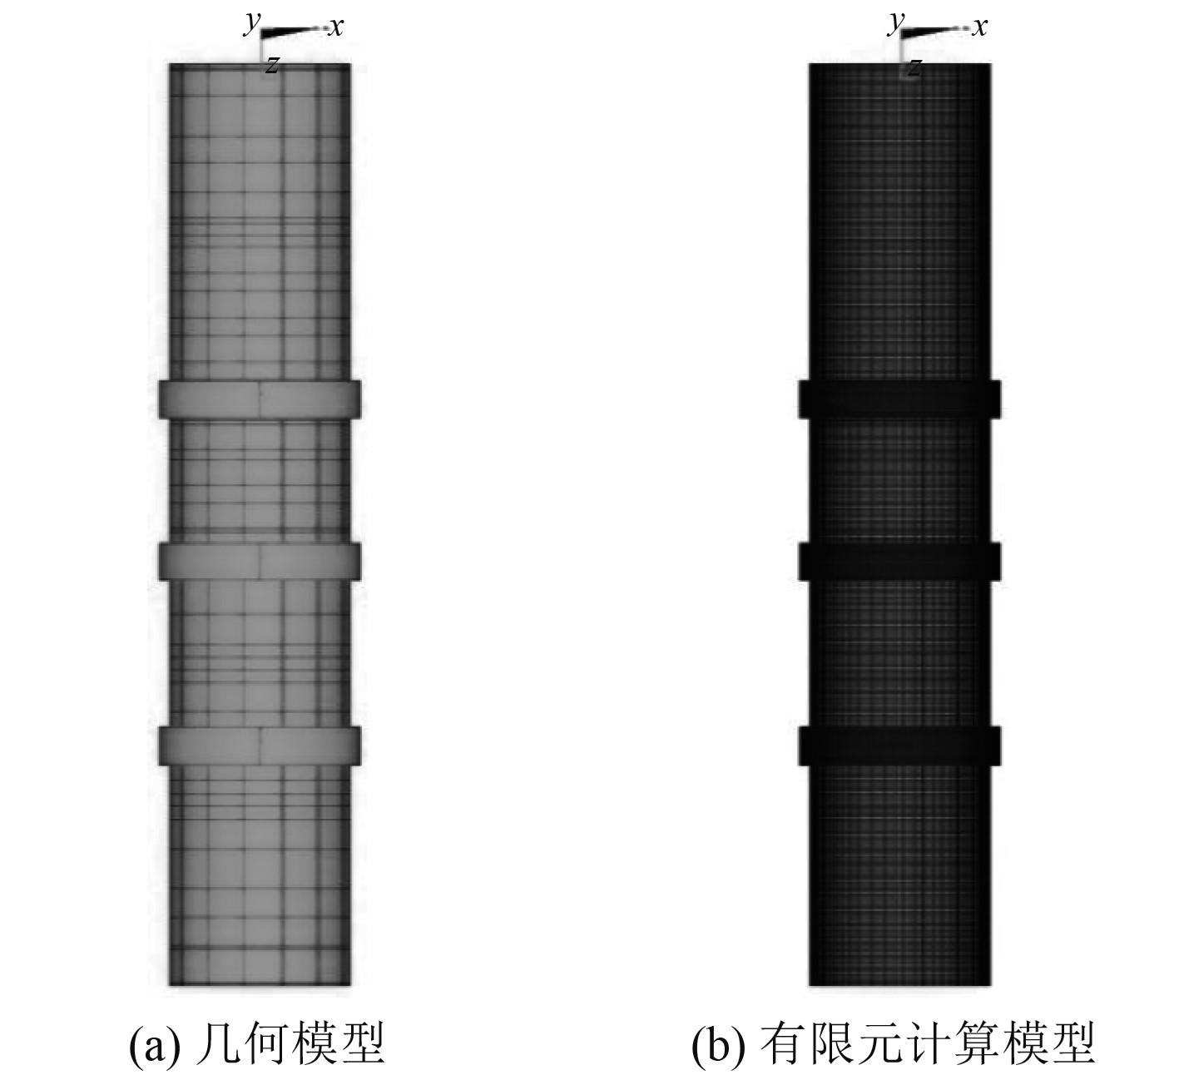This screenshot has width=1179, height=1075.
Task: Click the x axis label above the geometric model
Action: coord(336,28)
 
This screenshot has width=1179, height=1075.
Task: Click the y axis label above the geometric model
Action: coord(250,24)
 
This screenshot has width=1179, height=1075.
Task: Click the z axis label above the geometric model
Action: coord(271,66)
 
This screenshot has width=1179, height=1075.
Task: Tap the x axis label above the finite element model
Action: coord(980,27)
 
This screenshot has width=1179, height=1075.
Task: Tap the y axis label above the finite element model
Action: coord(895,24)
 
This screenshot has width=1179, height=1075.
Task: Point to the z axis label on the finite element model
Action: coord(915,67)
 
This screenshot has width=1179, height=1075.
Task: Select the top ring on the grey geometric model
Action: coord(260,399)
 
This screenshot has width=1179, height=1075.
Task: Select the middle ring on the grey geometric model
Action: coord(260,561)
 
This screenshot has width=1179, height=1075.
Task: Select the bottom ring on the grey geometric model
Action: coord(260,745)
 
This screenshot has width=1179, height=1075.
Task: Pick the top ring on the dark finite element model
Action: coord(899,399)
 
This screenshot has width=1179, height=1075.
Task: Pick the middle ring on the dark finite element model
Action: coord(899,561)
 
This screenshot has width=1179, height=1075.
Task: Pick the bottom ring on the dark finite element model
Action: coord(899,745)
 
